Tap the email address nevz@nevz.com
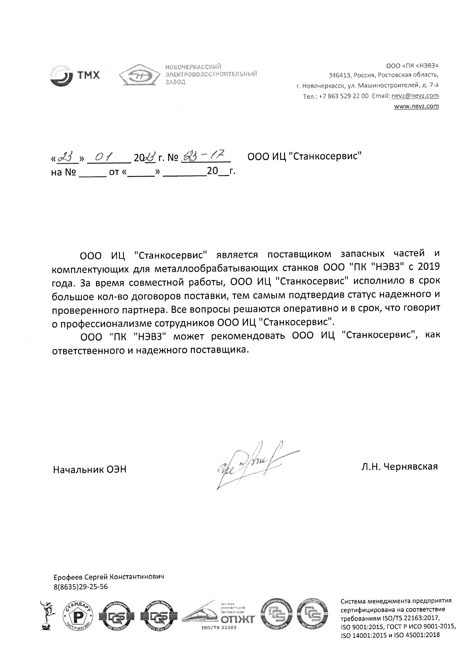[415, 96]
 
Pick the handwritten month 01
[103, 157]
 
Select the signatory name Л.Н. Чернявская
[400, 466]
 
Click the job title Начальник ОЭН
[90, 470]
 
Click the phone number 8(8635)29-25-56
[81, 587]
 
